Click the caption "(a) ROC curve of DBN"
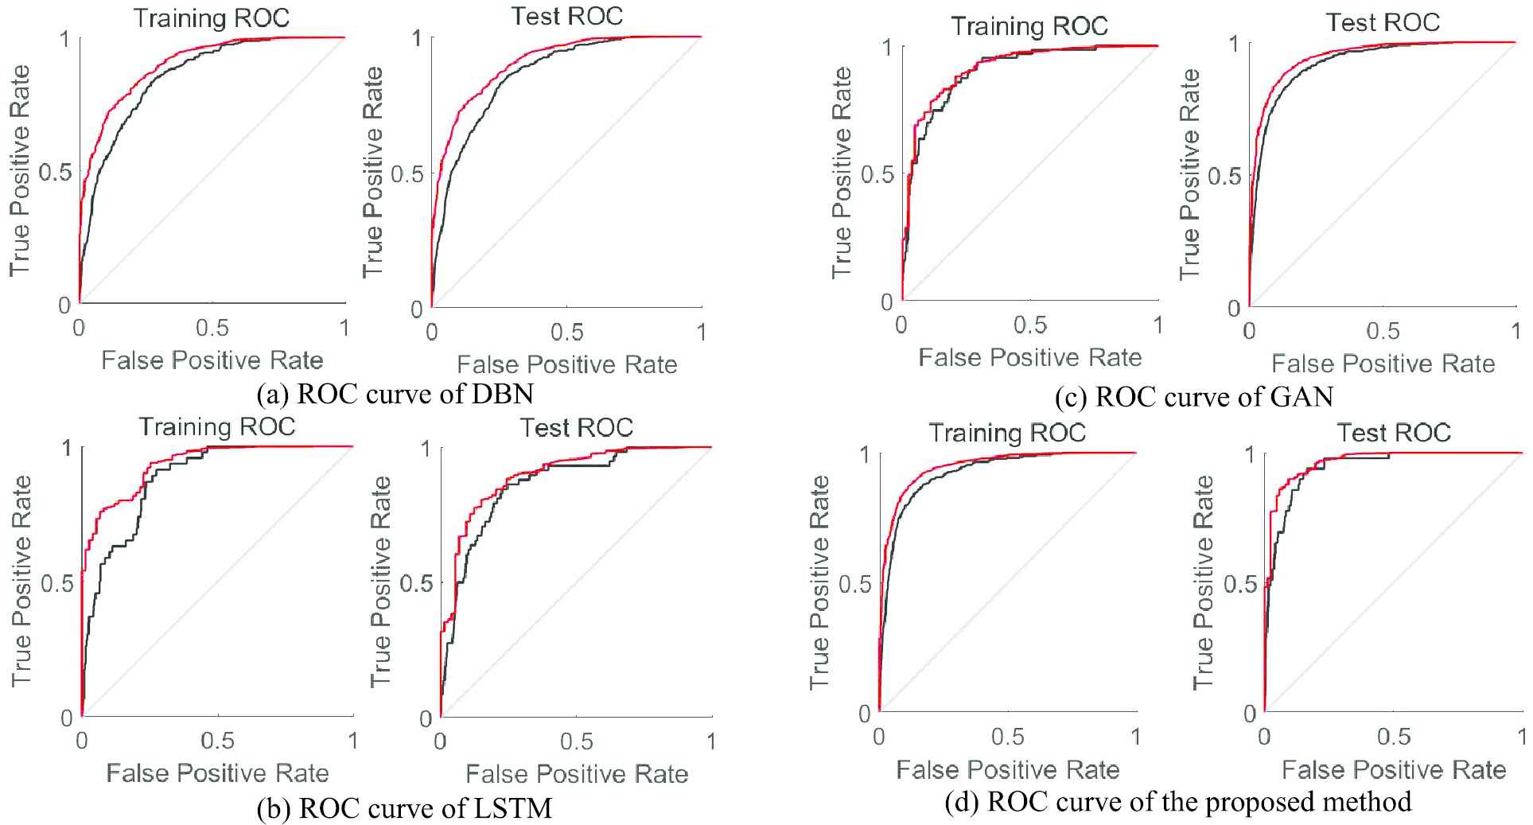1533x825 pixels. click(395, 394)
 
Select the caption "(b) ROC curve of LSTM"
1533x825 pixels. click(404, 808)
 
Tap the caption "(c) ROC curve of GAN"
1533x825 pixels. click(1194, 396)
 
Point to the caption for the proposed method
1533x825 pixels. click(1178, 801)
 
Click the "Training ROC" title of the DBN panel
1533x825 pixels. click(212, 18)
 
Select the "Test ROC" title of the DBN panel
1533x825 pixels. click(566, 17)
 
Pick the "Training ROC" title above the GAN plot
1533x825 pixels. click(1029, 26)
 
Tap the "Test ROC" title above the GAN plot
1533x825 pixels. click(1383, 22)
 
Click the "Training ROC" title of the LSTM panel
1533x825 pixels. click(217, 427)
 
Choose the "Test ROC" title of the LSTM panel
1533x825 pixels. click(577, 428)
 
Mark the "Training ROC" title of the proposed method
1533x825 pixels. click(1007, 433)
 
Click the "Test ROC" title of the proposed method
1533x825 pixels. click(1394, 433)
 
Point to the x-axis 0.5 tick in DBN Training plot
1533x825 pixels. click(212, 328)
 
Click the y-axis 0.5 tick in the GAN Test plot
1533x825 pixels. click(1224, 176)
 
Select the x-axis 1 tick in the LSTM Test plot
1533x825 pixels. click(711, 741)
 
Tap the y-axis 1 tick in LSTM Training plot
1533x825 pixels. click(68, 448)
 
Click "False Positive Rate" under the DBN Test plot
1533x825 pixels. click(566, 364)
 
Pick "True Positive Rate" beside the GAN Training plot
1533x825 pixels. click(842, 173)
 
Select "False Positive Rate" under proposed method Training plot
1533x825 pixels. click(1007, 770)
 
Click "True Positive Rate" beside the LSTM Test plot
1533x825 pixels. click(381, 582)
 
